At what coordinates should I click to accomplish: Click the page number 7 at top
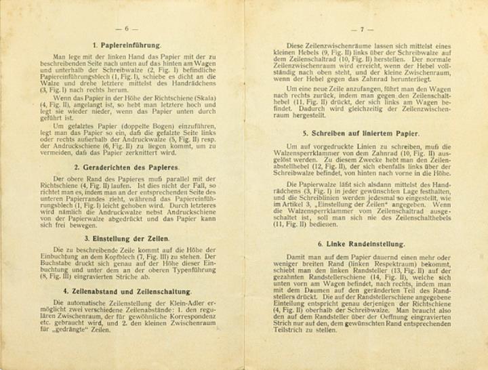click(362, 29)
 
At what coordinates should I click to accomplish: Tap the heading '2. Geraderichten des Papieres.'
click(127, 167)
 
